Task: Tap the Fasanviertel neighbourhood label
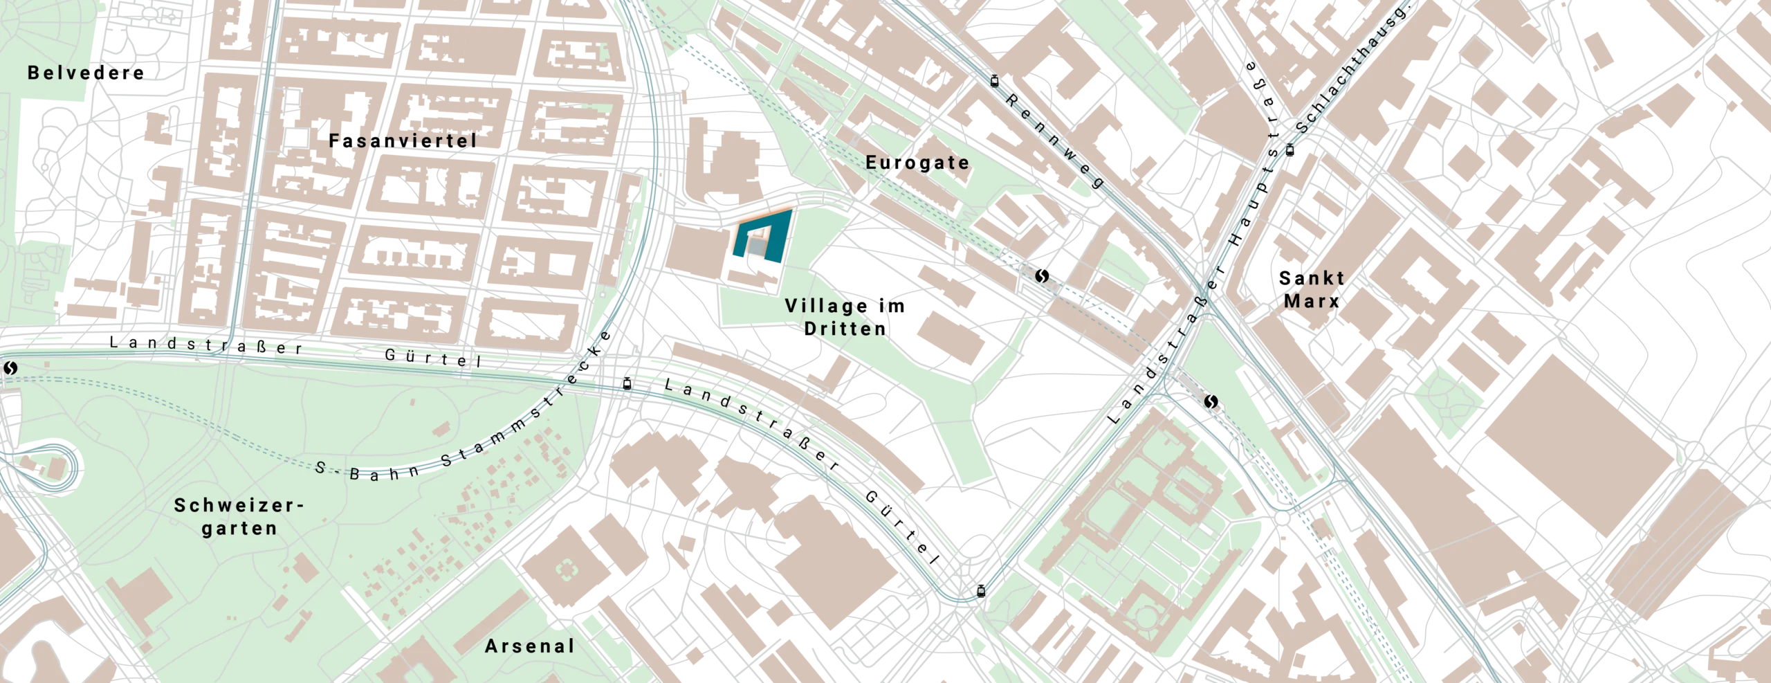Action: click(x=403, y=141)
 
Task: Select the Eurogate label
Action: click(x=917, y=163)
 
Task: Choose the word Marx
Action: click(x=1312, y=302)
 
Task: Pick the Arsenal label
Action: click(x=530, y=646)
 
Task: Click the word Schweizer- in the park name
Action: click(x=239, y=505)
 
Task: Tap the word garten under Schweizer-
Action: click(x=239, y=528)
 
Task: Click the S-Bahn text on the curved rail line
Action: click(x=367, y=471)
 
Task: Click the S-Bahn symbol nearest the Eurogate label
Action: click(x=1042, y=276)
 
